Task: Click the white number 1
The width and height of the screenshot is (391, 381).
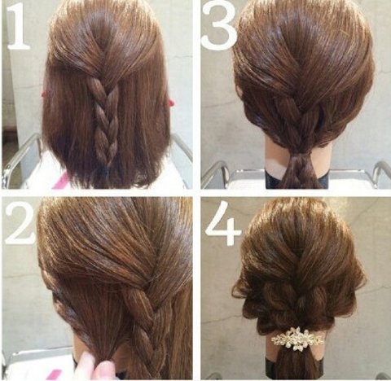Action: click(19, 27)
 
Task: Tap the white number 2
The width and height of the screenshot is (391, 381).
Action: click(20, 223)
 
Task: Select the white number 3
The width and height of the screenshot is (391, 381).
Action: click(219, 26)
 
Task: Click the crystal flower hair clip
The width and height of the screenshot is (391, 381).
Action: click(298, 336)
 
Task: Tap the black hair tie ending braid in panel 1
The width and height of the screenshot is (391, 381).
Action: click(105, 172)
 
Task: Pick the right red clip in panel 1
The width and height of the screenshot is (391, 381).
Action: click(171, 103)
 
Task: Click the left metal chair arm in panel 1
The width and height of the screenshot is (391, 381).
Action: click(22, 157)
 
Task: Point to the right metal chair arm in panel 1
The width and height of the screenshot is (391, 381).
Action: click(182, 148)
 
